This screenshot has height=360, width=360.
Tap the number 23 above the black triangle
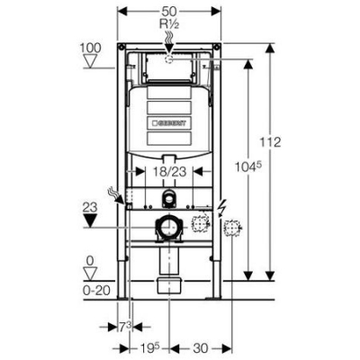[88, 206]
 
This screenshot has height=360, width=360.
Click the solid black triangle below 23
[88, 223]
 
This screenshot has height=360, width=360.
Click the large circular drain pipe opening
[167, 227]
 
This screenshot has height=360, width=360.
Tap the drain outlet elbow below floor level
[168, 285]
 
